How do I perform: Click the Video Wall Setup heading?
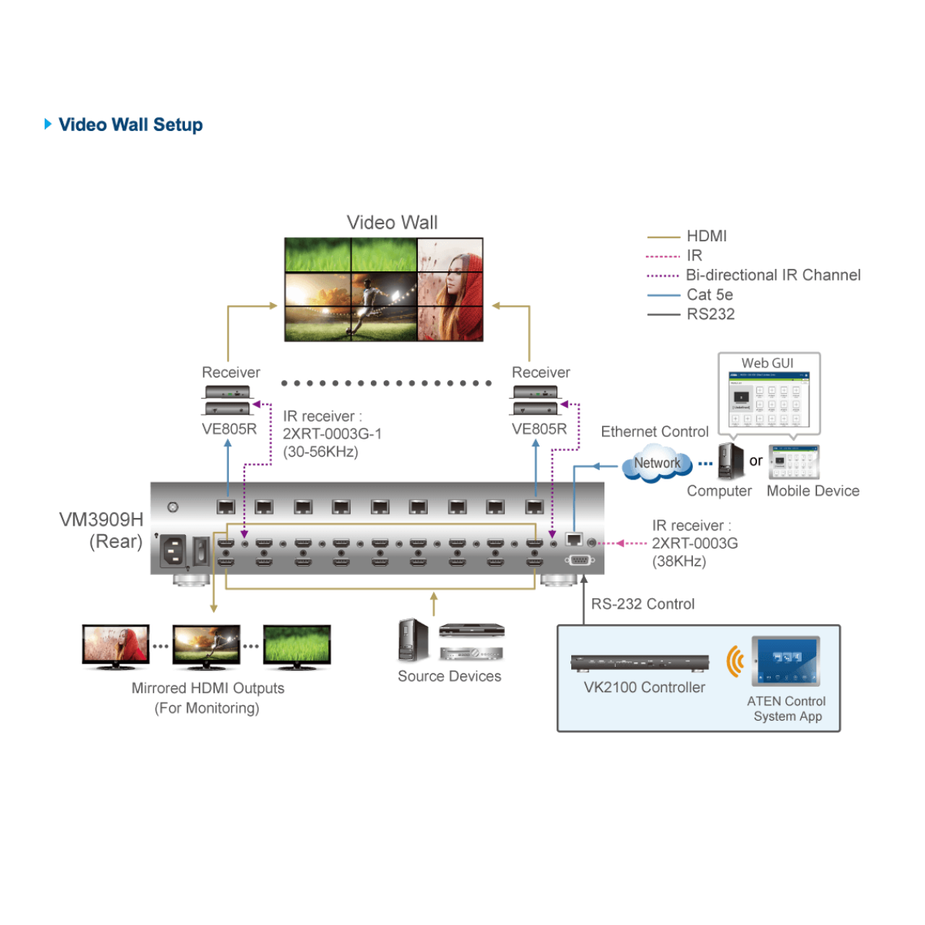coord(130,125)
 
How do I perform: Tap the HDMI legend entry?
coord(706,236)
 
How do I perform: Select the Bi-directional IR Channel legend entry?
coord(772,275)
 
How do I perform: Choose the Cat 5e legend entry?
coord(709,294)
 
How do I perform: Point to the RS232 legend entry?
coord(710,314)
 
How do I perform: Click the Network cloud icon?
coord(657,463)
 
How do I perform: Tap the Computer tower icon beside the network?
coord(729,461)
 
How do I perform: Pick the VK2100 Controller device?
coord(640,663)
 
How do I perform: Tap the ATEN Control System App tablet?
coord(786,661)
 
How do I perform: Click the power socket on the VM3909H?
coord(173,550)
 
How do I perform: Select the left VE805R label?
coord(229,429)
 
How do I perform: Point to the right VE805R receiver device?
coord(536,400)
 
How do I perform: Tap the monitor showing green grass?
coord(297,645)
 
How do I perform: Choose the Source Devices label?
coord(449,676)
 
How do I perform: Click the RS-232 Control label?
coord(643,604)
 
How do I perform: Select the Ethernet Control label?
coord(654,432)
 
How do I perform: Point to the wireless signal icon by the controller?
coord(735,661)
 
